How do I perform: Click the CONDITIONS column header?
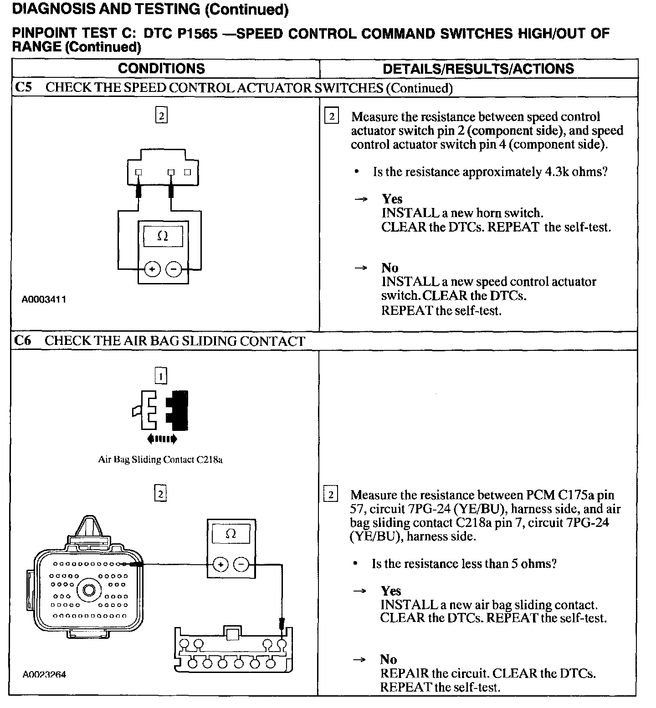[161, 69]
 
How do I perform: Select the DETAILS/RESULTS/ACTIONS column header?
[478, 69]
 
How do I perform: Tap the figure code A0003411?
[44, 299]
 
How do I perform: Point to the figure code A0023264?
[44, 674]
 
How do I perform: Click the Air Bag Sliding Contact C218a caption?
[160, 460]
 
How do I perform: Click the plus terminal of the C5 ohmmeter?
[152, 269]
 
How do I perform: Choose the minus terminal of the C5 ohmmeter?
[174, 269]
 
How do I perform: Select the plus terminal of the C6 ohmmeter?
[220, 565]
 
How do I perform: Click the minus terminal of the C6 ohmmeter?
[241, 565]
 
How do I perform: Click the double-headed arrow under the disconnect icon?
[162, 439]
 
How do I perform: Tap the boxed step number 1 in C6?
[161, 376]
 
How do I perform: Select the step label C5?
[23, 87]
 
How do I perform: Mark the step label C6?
[23, 340]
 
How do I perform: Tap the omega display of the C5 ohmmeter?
[163, 237]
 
